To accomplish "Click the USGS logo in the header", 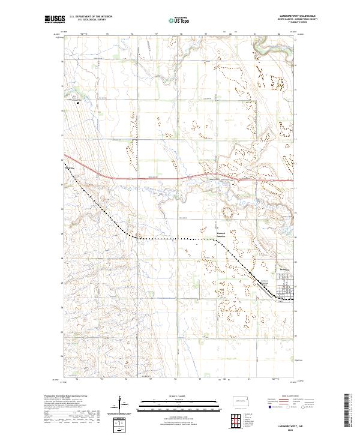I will pos(53,20).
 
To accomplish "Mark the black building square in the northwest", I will pos(78,102).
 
